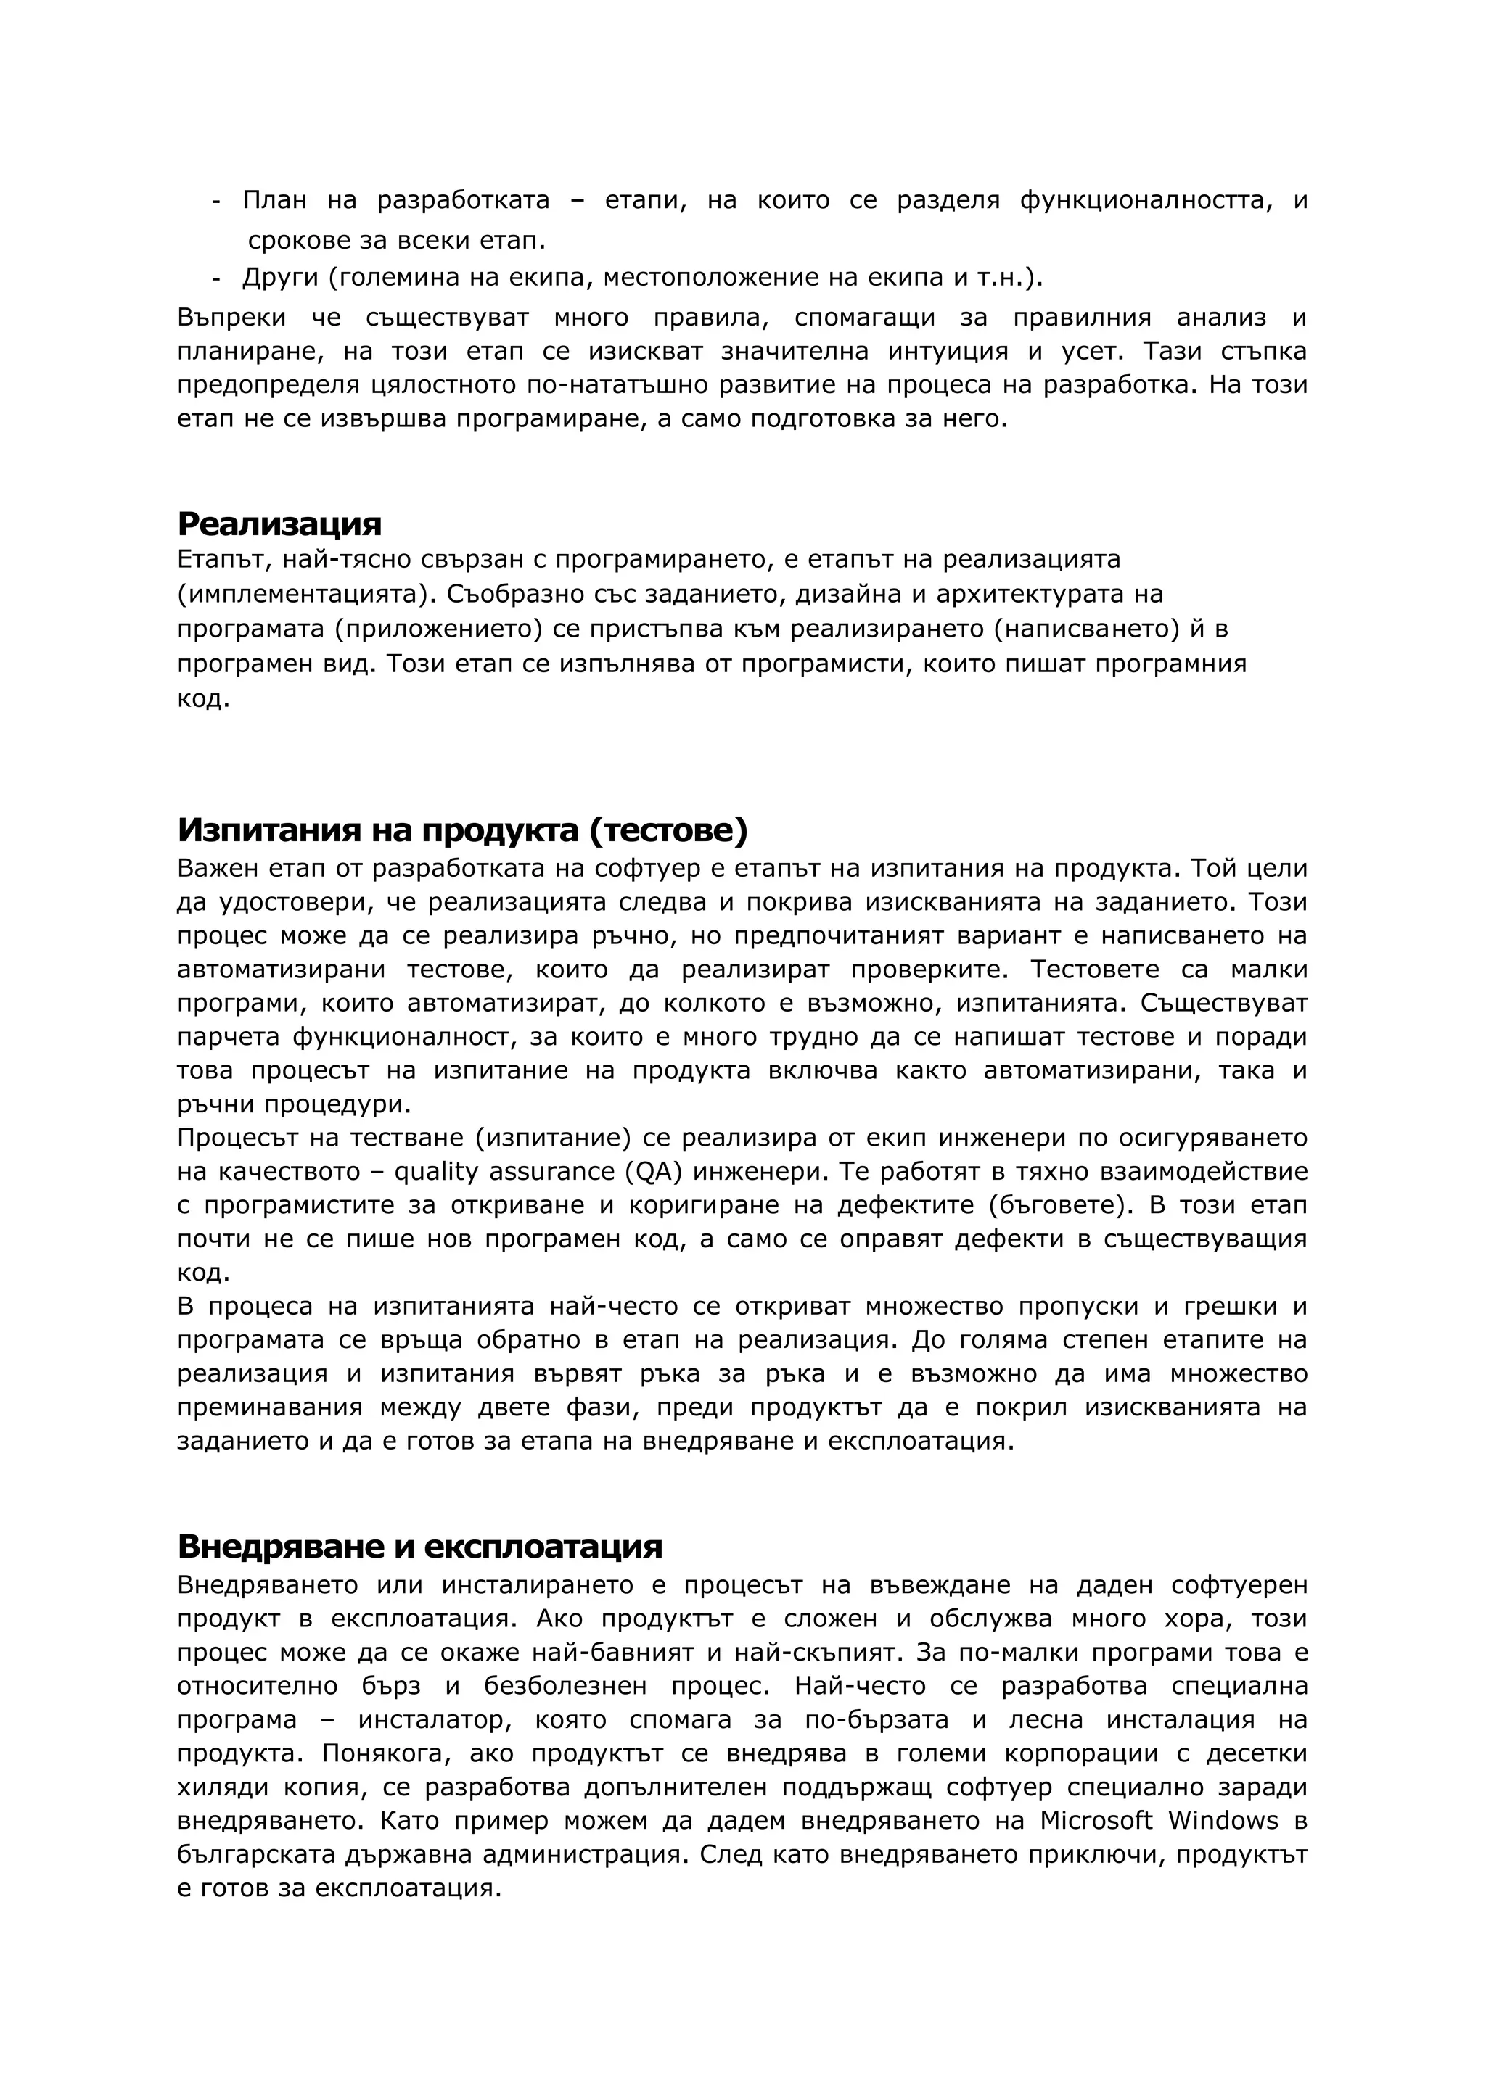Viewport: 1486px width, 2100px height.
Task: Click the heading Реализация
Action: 279,524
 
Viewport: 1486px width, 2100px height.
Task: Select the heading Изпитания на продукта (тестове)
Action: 462,830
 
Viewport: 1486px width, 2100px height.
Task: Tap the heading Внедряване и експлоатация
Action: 419,1546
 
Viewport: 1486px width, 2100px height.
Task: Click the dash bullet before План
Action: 216,200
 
